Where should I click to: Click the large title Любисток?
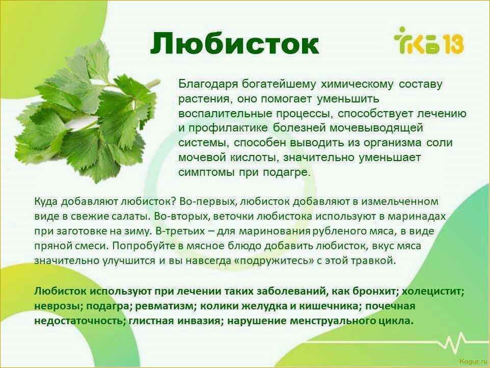coord(234,43)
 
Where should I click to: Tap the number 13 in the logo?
coord(453,44)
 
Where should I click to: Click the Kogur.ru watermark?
coord(473,361)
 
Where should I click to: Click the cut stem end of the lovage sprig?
coord(156,82)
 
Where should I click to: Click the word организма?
coord(393,143)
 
